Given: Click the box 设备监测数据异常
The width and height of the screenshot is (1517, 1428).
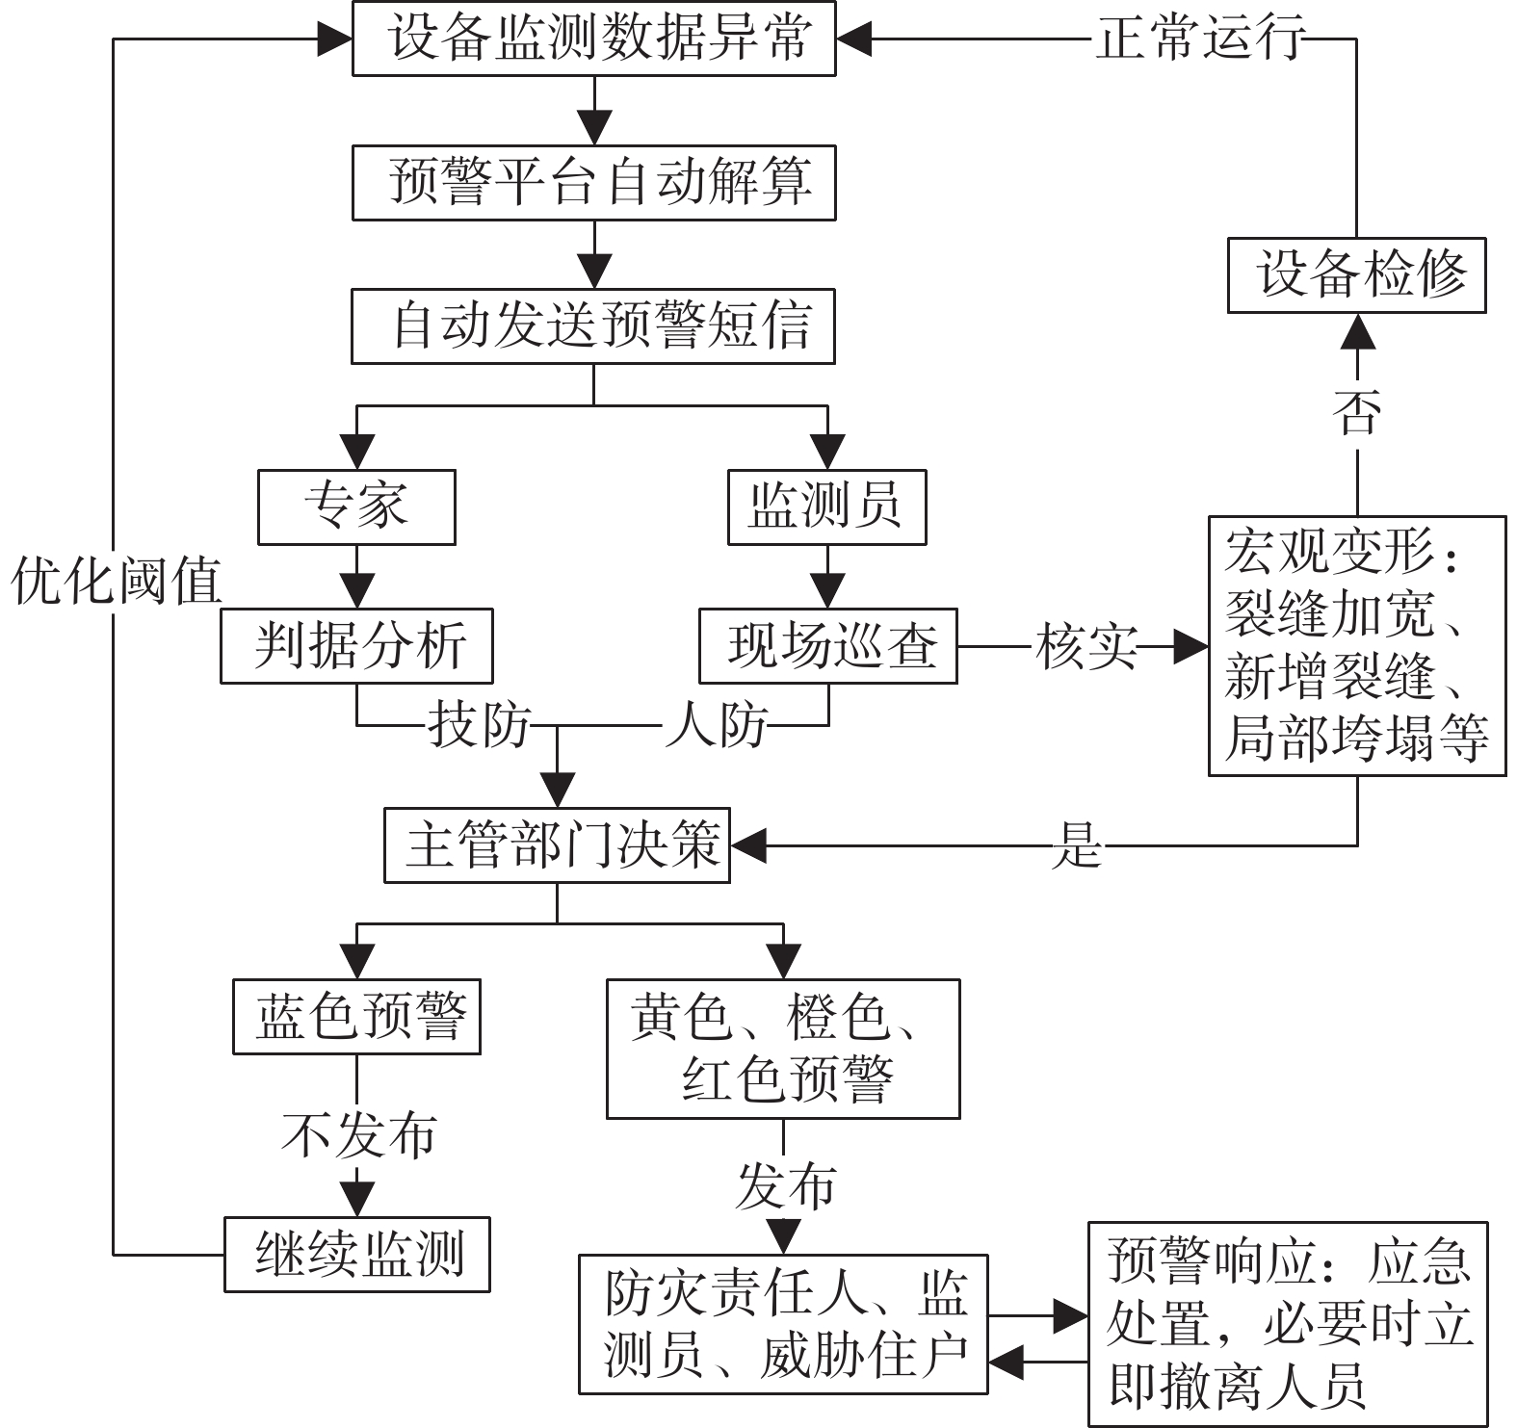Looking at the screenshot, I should pyautogui.click(x=593, y=39).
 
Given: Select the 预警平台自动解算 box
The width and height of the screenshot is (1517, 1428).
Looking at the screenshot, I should pyautogui.click(x=593, y=182).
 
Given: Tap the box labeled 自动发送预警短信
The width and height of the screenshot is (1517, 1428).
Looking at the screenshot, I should pyautogui.click(x=593, y=325).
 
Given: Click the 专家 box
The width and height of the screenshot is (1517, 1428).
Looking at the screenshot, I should pyautogui.click(x=356, y=506).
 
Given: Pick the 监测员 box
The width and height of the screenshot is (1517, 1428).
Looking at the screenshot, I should pyautogui.click(x=826, y=506).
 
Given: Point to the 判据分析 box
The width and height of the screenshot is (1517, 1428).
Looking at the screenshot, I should pyautogui.click(x=356, y=645).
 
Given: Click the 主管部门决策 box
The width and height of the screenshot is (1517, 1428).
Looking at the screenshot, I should pyautogui.click(x=557, y=845).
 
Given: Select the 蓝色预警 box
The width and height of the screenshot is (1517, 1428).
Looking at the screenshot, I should pyautogui.click(x=356, y=1017).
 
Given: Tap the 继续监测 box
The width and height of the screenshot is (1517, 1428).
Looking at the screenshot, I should pyautogui.click(x=357, y=1255).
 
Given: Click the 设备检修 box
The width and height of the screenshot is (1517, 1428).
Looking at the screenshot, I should pyautogui.click(x=1356, y=275).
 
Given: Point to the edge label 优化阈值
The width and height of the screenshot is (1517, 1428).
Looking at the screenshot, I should pyautogui.click(x=116, y=582).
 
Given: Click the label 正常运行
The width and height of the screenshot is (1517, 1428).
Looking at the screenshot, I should pyautogui.click(x=1200, y=39).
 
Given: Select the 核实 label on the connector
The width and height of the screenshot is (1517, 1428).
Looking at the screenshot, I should pyautogui.click(x=1085, y=646).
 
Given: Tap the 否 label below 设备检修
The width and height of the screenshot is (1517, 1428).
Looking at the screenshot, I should pyautogui.click(x=1356, y=412).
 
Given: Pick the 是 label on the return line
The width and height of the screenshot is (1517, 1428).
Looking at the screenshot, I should pyautogui.click(x=1076, y=846).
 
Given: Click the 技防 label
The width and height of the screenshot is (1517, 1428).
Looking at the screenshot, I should pyautogui.click(x=479, y=724).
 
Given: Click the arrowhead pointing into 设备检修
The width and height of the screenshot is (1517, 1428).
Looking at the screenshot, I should pyautogui.click(x=1357, y=331).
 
